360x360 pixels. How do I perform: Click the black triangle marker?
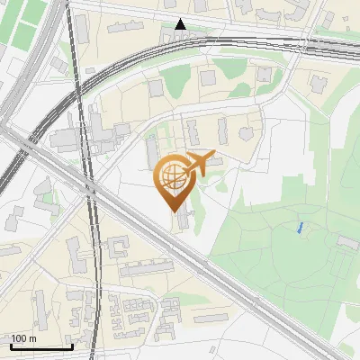pos(181,24)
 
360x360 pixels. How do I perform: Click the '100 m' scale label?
pos(24,337)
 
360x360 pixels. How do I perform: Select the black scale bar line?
pos(41,346)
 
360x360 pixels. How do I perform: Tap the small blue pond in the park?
pos(299,228)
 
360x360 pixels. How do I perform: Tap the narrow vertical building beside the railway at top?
pos(82,29)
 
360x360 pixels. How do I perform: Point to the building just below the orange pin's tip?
pos(183,219)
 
